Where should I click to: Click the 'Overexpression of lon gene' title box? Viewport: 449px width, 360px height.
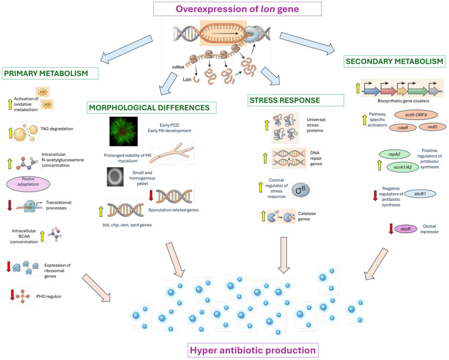click(237, 9)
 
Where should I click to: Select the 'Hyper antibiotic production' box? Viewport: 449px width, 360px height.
click(253, 350)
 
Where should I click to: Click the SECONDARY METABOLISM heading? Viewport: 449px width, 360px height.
click(394, 61)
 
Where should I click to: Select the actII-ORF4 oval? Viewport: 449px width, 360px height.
click(416, 115)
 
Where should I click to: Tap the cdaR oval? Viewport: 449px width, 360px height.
click(403, 127)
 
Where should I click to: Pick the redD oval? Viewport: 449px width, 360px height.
click(432, 127)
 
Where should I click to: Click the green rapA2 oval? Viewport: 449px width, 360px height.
click(394, 154)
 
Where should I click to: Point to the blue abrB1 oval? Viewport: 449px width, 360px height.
click(420, 194)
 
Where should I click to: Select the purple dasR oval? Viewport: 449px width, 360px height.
click(406, 229)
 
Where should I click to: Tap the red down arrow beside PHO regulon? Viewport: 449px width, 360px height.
click(12, 295)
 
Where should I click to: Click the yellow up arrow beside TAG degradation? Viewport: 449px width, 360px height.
click(10, 133)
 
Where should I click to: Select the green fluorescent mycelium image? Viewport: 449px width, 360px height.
click(123, 132)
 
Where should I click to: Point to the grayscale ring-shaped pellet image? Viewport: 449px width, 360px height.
click(115, 177)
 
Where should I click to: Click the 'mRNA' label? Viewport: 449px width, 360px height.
click(178, 67)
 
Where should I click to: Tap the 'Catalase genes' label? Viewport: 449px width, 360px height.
click(307, 216)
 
